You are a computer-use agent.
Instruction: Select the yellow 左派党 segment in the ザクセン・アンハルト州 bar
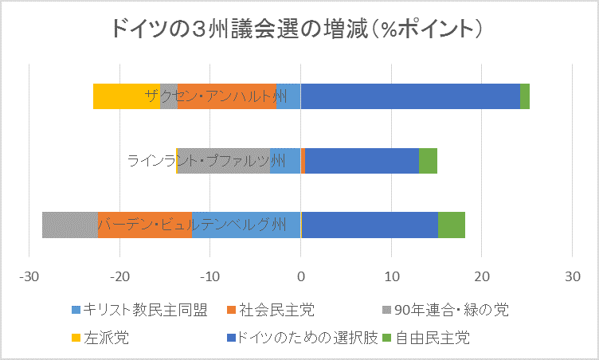coord(126,96)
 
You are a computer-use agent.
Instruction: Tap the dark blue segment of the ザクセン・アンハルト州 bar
coord(409,96)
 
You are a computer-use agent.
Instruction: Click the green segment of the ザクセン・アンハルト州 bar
coord(525,96)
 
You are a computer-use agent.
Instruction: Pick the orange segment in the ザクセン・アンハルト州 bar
coord(227,96)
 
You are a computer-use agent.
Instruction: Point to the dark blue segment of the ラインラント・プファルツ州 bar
coord(362,161)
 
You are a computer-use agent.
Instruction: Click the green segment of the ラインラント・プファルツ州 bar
coord(428,161)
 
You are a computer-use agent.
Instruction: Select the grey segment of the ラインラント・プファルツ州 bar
coord(224,161)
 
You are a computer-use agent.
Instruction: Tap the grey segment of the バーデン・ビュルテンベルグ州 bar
coord(70,225)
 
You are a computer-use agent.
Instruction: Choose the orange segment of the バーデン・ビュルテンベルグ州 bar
coord(145,225)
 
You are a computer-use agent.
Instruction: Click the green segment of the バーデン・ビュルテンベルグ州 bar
coord(452,225)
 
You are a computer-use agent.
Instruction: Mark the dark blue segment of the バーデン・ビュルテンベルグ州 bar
coord(370,225)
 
